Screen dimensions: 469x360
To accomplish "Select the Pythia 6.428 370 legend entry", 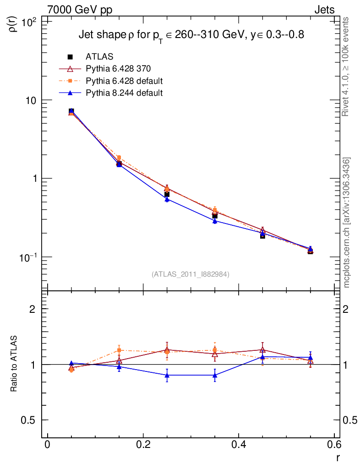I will pyautogui.click(x=118, y=69).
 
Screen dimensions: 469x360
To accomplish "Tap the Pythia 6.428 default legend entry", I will pyautogui.click(x=124, y=81).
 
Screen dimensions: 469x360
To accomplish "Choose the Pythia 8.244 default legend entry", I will pyautogui.click(x=124, y=93).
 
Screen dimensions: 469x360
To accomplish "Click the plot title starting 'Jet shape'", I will pyautogui.click(x=191, y=35).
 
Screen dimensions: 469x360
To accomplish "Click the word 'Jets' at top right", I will pyautogui.click(x=324, y=10).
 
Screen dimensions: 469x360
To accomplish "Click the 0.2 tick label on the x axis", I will pyautogui.click(x=143, y=446).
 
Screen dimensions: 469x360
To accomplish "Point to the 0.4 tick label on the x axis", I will pyautogui.click(x=239, y=446).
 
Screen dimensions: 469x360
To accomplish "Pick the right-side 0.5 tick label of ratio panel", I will pyautogui.click(x=350, y=420).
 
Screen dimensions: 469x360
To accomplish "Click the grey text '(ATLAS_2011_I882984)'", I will pyautogui.click(x=191, y=274).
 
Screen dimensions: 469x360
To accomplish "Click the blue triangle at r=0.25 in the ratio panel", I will pyautogui.click(x=167, y=375).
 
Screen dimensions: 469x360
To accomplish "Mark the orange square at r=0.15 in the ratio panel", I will pyautogui.click(x=119, y=350).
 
